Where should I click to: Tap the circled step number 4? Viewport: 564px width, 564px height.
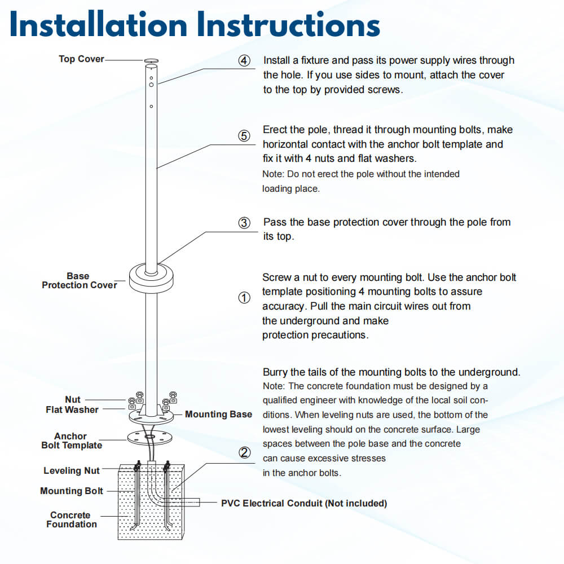click(244, 61)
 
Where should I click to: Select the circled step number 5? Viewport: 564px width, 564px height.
click(244, 136)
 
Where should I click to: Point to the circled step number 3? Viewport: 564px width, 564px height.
click(244, 223)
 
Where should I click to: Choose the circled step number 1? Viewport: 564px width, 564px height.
click(244, 298)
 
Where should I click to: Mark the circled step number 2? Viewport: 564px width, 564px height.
click(244, 452)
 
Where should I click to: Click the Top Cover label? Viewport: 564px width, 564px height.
click(81, 59)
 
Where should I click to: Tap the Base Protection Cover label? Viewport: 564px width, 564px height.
click(79, 281)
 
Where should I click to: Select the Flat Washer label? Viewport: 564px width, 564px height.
click(72, 410)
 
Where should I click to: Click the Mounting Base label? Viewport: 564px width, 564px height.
click(218, 415)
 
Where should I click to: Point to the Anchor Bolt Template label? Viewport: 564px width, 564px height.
click(72, 441)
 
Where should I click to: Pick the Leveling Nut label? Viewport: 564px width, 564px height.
click(72, 471)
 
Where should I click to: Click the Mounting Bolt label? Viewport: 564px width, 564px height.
click(72, 491)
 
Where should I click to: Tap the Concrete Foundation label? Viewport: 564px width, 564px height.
click(71, 520)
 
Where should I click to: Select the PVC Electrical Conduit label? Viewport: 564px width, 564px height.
click(303, 503)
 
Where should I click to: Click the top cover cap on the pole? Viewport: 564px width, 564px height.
click(152, 60)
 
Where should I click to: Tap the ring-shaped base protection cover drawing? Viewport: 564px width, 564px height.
click(151, 278)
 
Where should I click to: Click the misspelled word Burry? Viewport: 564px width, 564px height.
click(276, 372)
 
